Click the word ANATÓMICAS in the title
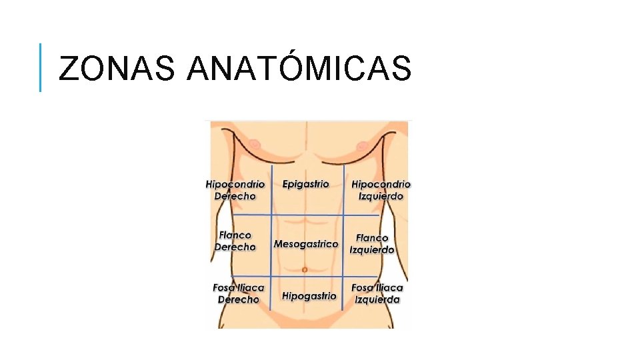[299, 68]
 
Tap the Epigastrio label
[305, 184]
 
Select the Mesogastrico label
[306, 244]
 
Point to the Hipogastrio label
[309, 295]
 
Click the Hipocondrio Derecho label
[235, 190]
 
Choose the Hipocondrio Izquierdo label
[381, 190]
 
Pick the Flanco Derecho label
[235, 241]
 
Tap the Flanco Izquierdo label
[372, 243]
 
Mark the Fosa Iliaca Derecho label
[238, 293]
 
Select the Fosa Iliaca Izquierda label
[377, 293]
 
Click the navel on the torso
[305, 269]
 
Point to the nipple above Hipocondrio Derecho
[255, 144]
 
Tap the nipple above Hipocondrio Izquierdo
[361, 145]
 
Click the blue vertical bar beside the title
[40, 67]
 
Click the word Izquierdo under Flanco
[372, 250]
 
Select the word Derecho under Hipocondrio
[235, 196]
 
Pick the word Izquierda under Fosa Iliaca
[377, 299]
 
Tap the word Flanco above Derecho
[235, 235]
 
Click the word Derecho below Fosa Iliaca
[238, 299]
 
